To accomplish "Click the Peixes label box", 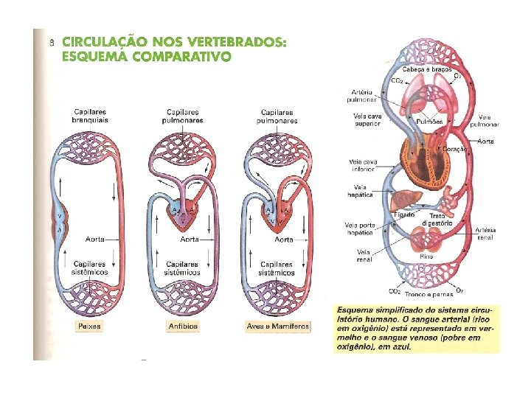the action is [x=92, y=325].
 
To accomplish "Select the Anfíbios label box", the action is [x=182, y=325].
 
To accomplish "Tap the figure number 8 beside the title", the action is [x=51, y=43].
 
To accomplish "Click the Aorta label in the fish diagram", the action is [x=94, y=239].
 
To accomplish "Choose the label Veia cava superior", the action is [x=366, y=120].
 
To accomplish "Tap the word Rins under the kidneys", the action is [x=426, y=256].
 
